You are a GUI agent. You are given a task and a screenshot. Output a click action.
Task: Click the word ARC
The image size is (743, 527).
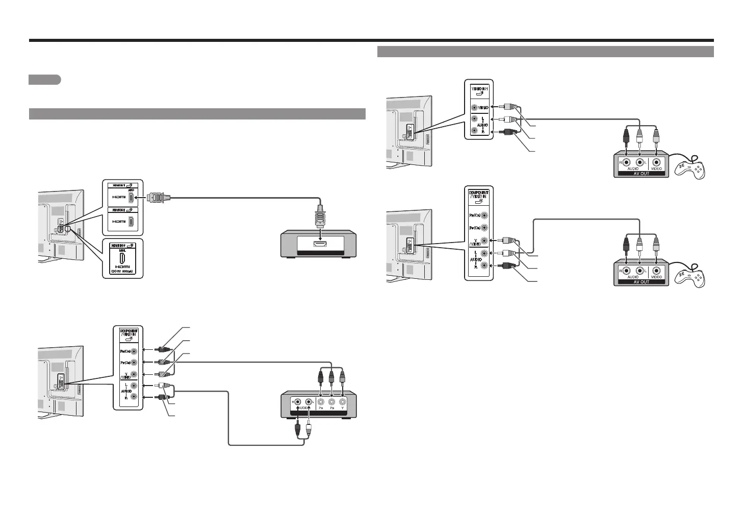pos(136,188)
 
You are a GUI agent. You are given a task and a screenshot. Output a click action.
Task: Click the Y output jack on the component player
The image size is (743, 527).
pos(343,401)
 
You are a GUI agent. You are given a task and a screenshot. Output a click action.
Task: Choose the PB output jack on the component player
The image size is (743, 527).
pos(331,401)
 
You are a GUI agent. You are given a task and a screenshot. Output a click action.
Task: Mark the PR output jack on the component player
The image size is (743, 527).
pos(320,401)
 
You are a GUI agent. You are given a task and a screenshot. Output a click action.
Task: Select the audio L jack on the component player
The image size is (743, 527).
pos(308,401)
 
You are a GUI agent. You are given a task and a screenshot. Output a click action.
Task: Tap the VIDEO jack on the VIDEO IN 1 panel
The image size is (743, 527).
pos(475,108)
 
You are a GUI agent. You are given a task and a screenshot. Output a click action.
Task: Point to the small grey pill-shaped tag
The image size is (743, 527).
pos(45,80)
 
